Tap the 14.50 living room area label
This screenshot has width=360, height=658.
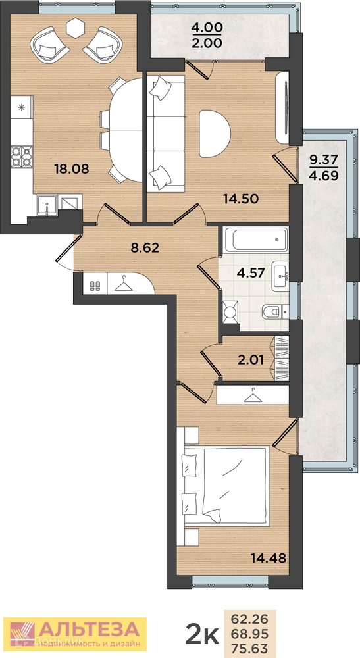tap(240, 199)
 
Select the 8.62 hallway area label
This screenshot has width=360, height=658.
tap(145, 247)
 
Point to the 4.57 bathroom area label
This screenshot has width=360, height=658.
tap(251, 274)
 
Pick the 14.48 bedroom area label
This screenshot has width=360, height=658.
tap(269, 558)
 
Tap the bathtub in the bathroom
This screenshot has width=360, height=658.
tap(255, 240)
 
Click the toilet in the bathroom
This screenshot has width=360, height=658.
tap(275, 311)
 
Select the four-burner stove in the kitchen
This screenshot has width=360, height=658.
tap(22, 156)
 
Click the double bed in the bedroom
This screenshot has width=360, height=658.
tap(223, 486)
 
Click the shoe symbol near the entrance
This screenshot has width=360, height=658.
tap(95, 286)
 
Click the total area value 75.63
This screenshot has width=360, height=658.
tap(250, 647)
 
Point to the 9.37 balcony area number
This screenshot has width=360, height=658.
tap(324, 159)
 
